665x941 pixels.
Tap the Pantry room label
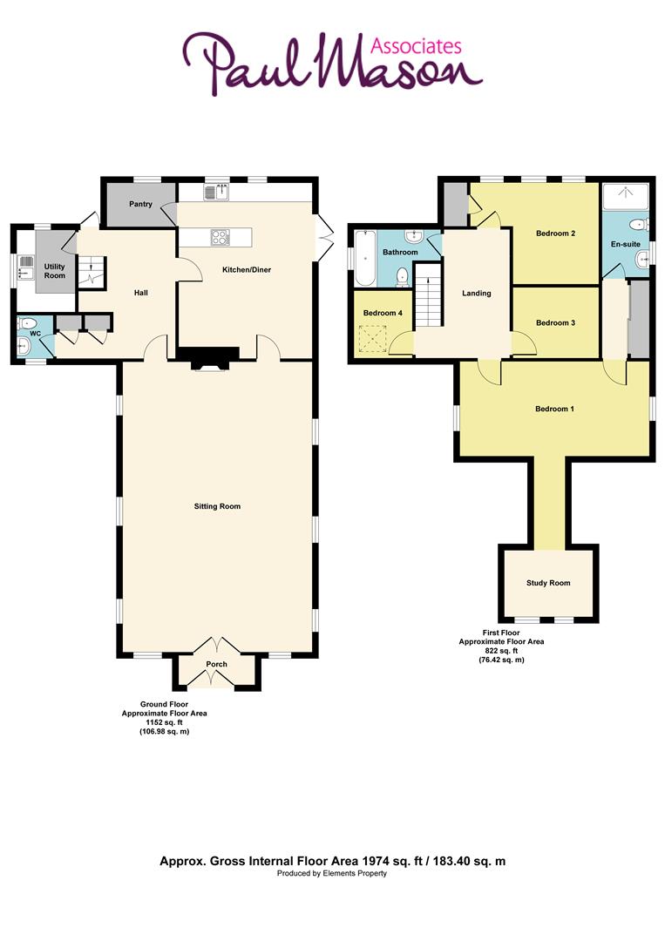(x=141, y=205)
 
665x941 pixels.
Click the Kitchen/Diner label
(x=246, y=270)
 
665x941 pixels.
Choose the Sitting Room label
(x=218, y=506)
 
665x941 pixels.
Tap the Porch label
(x=216, y=665)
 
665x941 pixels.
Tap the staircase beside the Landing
(x=427, y=296)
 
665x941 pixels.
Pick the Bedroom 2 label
(x=555, y=233)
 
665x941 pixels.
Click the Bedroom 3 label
(x=555, y=323)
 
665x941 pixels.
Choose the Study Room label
(x=548, y=583)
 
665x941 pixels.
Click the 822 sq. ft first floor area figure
(x=501, y=651)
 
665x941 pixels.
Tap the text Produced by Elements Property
(x=332, y=873)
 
